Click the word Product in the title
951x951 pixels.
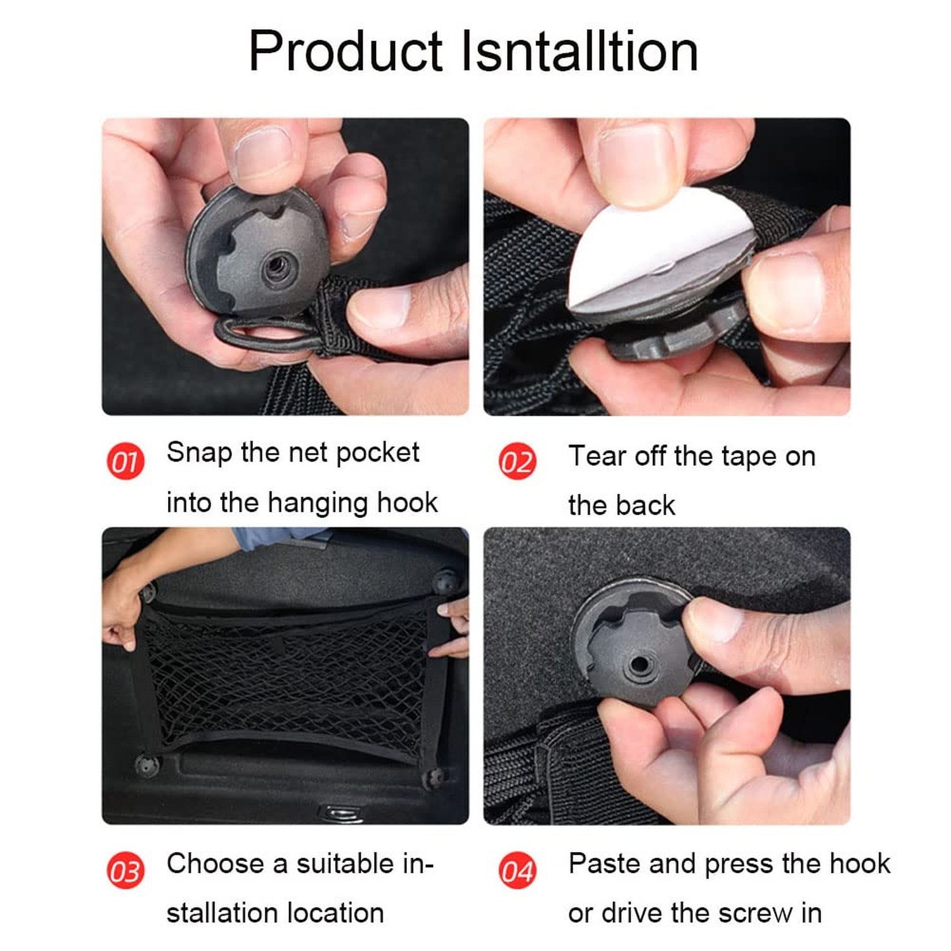[x=346, y=52]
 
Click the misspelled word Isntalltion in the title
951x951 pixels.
[x=579, y=51]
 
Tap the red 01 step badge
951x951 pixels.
[x=125, y=461]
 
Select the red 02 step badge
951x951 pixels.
[x=517, y=461]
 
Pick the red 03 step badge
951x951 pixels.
[x=125, y=870]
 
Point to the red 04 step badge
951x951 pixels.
[x=517, y=870]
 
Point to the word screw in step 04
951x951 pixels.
[x=755, y=914]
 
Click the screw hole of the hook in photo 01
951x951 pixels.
[x=276, y=266]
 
